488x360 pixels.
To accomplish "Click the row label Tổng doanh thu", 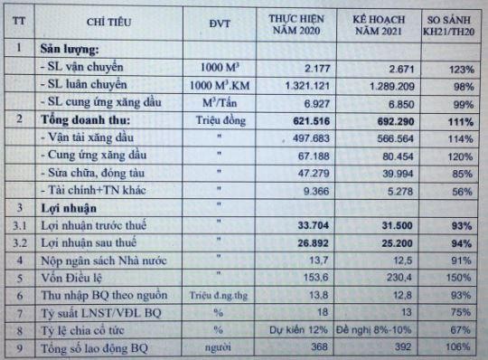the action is point(80,120).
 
